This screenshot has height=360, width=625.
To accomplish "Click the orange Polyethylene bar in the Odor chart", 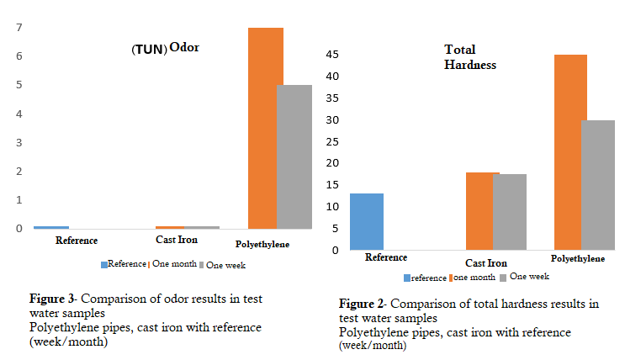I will [x=266, y=128].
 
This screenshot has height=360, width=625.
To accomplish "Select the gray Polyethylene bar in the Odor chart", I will [x=294, y=156].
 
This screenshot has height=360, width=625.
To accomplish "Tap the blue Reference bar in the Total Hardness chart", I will [x=366, y=221].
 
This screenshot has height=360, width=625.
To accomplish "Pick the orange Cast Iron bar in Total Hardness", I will [x=483, y=211].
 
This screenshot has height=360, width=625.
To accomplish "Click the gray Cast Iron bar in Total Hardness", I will [x=510, y=212].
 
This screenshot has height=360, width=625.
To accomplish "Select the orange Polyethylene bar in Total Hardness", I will [x=570, y=152].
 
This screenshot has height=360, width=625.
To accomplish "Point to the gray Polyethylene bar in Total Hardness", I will [x=600, y=185].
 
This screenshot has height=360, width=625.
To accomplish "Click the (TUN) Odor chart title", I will [x=165, y=49].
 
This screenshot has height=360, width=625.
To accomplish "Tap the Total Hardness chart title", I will [x=470, y=57].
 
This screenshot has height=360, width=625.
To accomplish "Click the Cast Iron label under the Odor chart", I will [x=177, y=240].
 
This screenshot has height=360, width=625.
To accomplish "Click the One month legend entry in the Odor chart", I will [x=173, y=263].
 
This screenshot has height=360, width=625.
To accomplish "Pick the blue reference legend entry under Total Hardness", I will [x=425, y=278].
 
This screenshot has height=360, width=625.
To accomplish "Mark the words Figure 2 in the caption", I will [x=363, y=303].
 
